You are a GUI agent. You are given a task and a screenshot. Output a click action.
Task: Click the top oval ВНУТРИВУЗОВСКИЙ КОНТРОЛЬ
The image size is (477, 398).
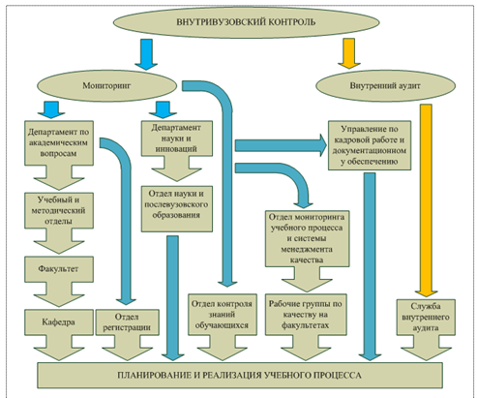coord(246,22)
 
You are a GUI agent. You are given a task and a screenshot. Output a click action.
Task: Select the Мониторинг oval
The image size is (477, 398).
coord(107,85)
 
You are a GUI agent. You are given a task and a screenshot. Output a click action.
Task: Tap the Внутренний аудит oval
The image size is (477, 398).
coord(385,86)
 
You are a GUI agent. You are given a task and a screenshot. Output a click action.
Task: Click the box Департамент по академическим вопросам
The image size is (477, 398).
coord(59,143)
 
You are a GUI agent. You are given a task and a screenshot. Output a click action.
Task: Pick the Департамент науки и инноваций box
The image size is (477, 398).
coord(177,138)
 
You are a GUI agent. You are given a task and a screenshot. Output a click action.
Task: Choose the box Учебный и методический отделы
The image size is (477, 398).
coord(59,210)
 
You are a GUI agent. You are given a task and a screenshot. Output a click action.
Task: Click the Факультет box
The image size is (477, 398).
coord(59,269)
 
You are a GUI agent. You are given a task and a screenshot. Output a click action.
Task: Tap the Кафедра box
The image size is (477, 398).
coord(59,322)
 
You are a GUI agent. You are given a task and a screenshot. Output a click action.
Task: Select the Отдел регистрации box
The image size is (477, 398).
coord(128,322)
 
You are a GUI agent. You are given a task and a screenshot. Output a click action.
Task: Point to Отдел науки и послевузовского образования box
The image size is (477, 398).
coord(177,208)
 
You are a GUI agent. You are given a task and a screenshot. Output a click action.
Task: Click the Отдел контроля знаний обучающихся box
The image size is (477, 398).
coord(223,315)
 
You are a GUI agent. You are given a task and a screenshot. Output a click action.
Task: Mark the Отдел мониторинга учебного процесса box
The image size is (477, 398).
coord(307,238)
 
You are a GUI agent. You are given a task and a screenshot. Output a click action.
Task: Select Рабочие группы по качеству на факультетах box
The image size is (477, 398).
coord(306,315)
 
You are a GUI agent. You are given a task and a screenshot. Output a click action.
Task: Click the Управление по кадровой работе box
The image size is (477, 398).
coord(370,145)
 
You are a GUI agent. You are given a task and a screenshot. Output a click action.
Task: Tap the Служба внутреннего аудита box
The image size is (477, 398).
coord(426,318)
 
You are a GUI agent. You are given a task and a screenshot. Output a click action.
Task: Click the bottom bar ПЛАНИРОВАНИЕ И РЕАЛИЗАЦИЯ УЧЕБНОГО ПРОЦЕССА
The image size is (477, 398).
coord(240,375)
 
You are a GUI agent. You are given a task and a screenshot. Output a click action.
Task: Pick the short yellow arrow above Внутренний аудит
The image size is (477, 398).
coord(349,53)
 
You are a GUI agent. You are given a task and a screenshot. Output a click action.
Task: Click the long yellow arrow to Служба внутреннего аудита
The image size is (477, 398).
coord(426,200)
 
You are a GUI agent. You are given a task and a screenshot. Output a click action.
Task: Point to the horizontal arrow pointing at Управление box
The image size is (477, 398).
coord(281,145)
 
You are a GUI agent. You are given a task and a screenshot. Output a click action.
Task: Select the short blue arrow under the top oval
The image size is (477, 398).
coord(146,54)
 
